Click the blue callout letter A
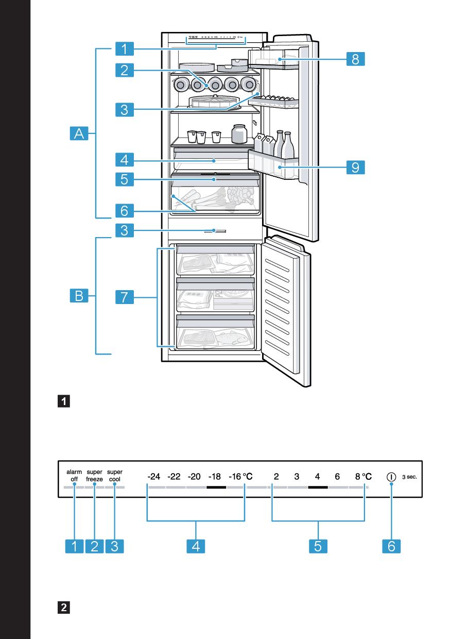point(79,134)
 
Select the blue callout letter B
point(79,296)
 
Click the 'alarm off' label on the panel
point(74,475)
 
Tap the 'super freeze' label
point(94,475)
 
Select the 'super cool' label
point(115,475)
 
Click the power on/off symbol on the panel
point(391,477)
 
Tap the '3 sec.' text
point(409,477)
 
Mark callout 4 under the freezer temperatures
point(196,546)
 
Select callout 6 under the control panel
point(391,546)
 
